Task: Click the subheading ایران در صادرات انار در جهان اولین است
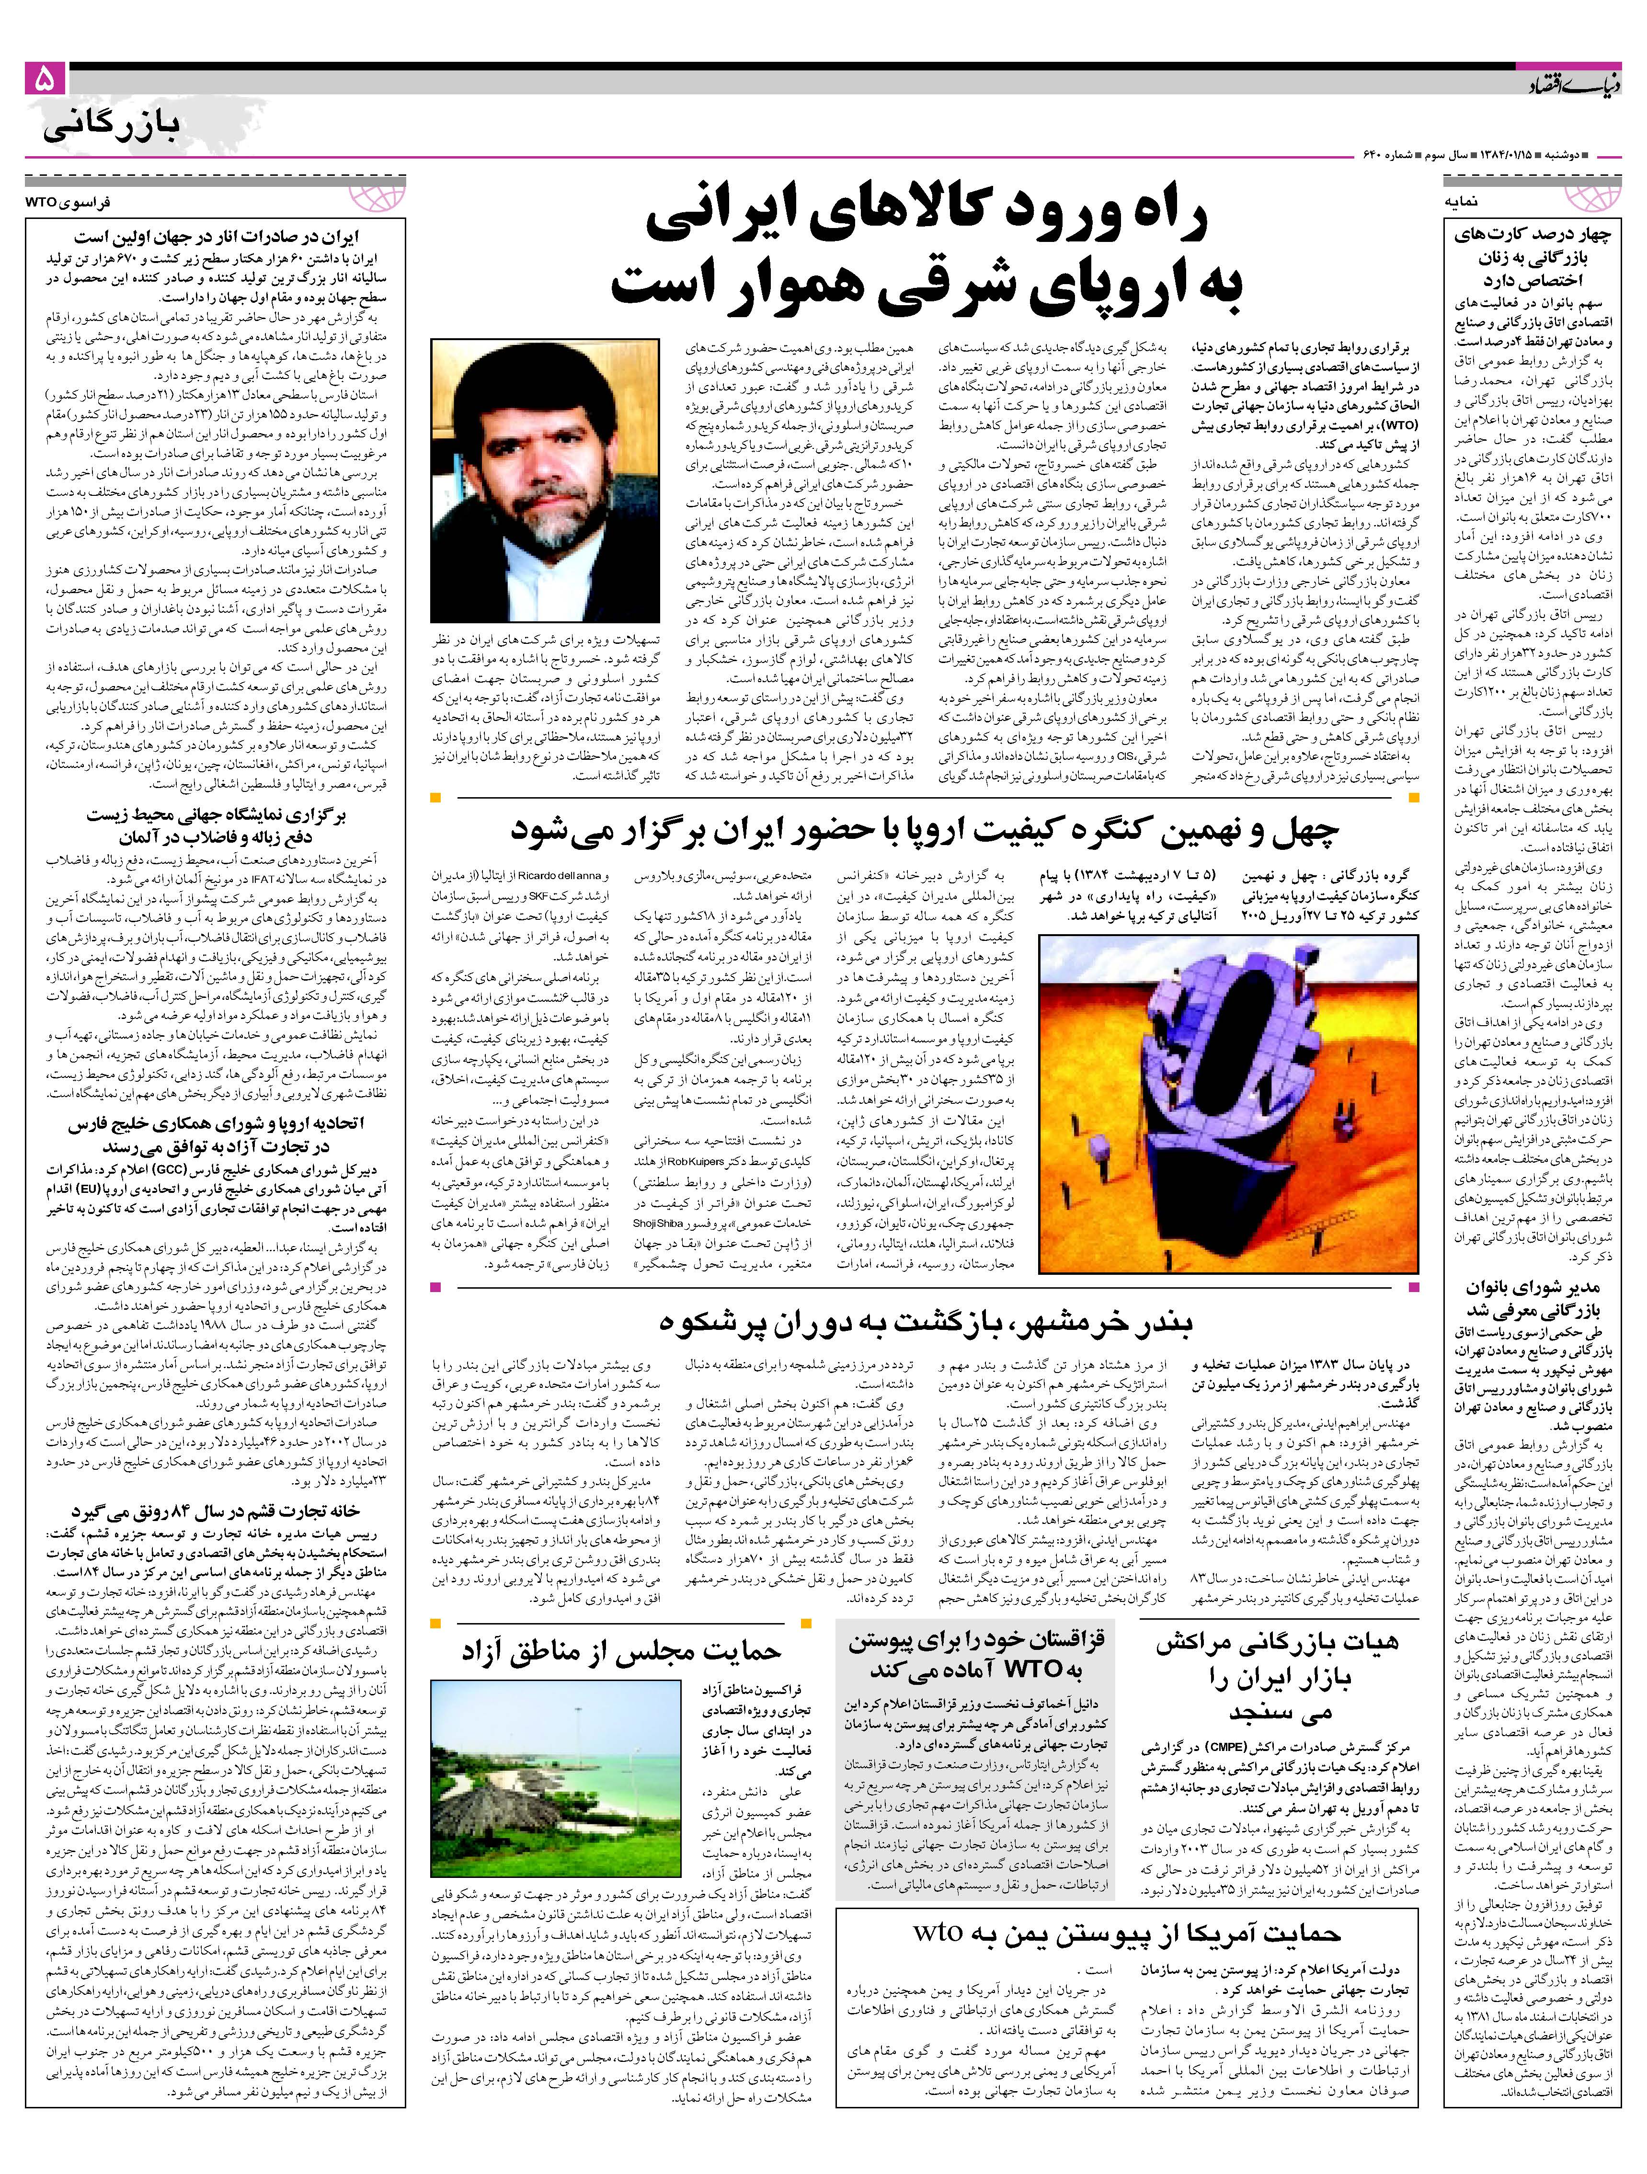click(x=218, y=237)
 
